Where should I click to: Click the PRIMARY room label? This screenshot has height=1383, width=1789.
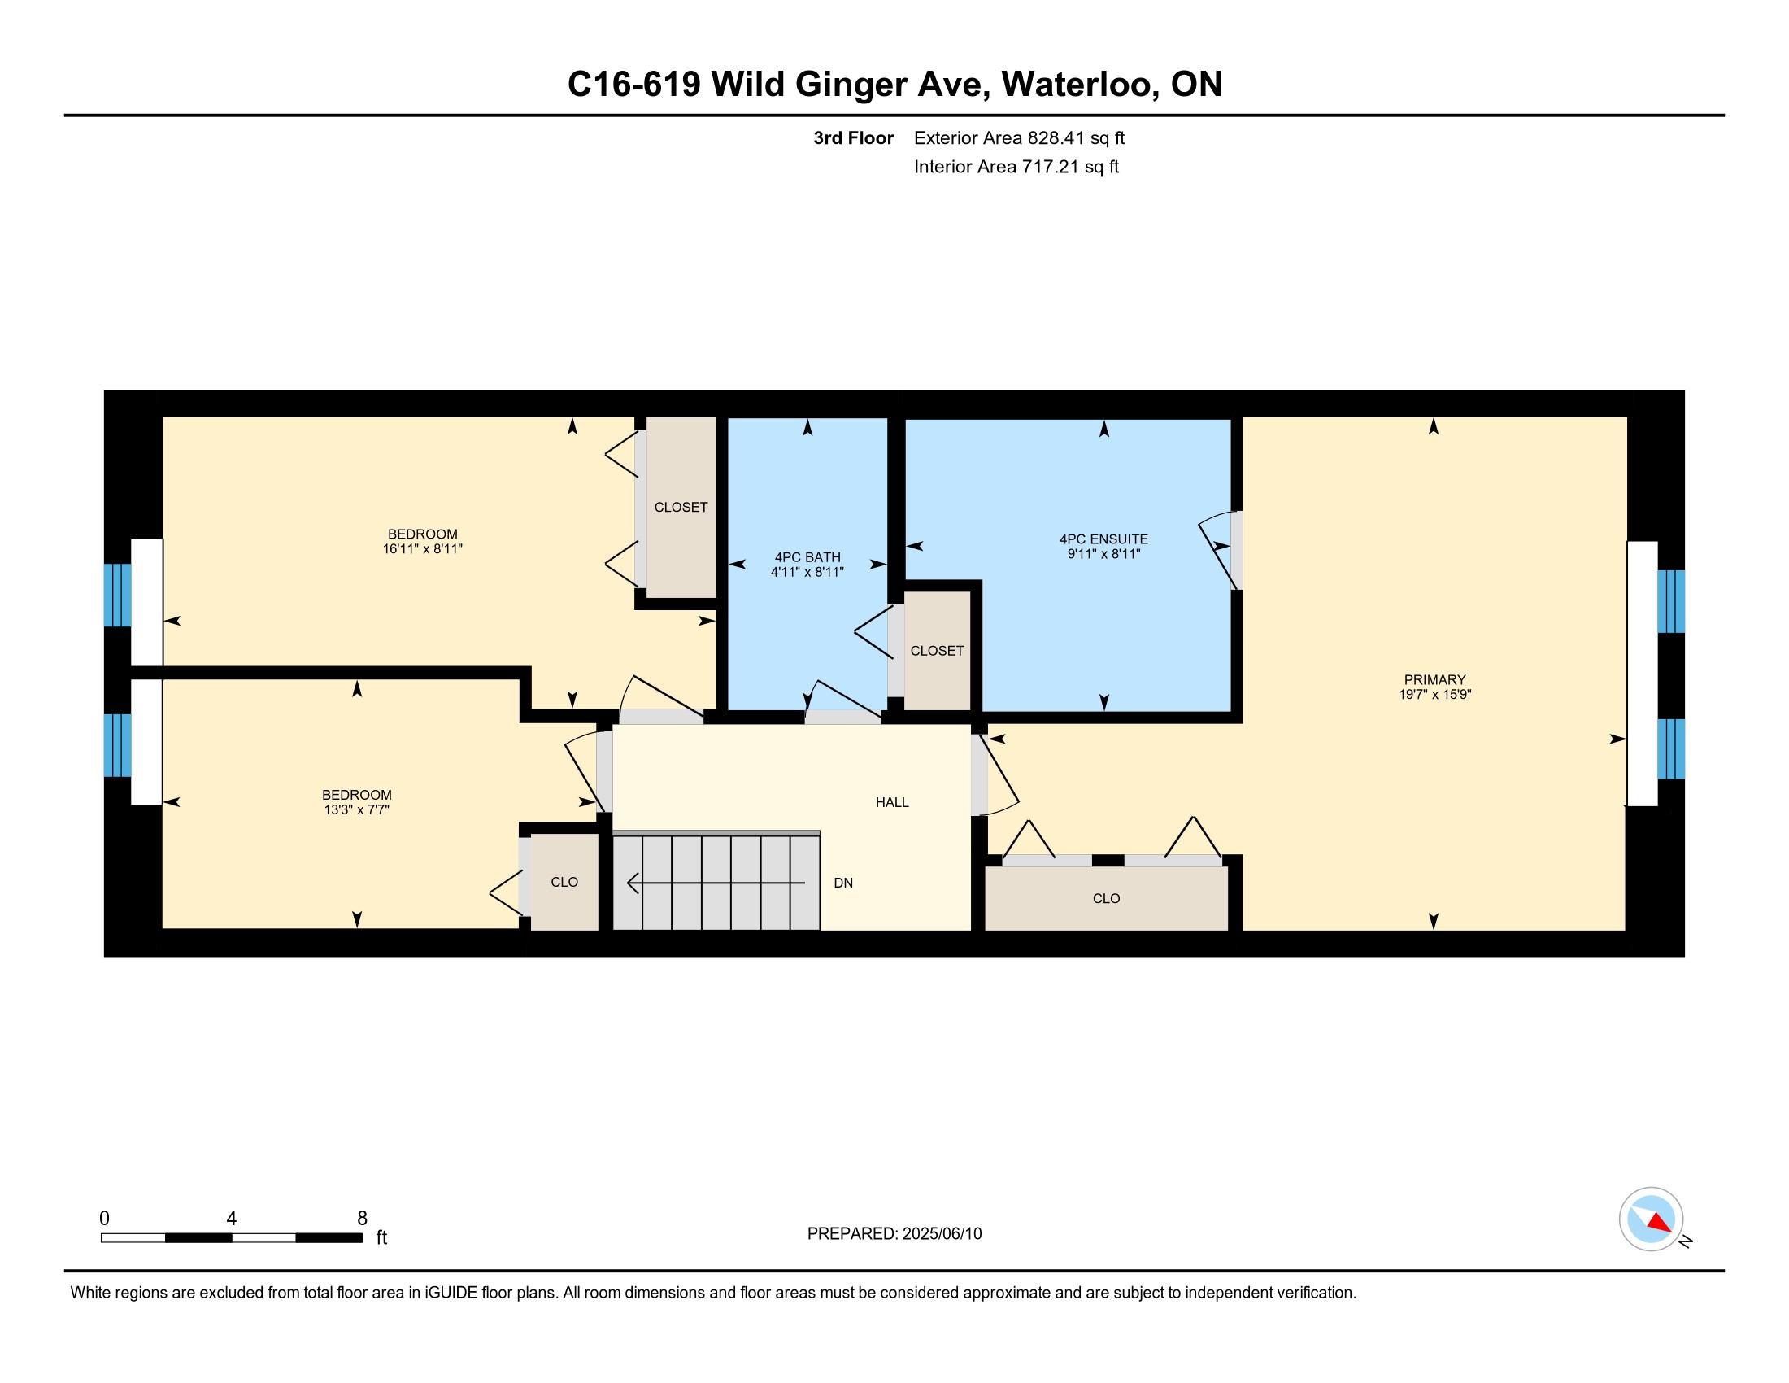click(1434, 679)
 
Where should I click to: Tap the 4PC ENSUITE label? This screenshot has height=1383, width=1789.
click(1103, 539)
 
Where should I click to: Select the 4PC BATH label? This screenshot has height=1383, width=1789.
click(807, 557)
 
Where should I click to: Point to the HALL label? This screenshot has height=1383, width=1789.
click(892, 802)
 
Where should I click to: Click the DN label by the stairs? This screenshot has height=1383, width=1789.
click(843, 883)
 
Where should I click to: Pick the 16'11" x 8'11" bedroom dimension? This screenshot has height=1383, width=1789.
click(423, 549)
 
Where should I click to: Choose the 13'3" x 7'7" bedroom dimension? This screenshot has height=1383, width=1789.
click(356, 809)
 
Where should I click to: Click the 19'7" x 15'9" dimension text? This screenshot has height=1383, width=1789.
click(1435, 694)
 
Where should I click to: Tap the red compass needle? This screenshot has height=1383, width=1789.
click(1660, 1223)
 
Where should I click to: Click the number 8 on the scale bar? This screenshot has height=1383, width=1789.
click(362, 1219)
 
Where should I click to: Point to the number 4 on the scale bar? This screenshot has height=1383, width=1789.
click(232, 1219)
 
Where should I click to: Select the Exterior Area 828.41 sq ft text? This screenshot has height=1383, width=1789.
click(1019, 137)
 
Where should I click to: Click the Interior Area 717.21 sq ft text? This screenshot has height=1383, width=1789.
click(1016, 166)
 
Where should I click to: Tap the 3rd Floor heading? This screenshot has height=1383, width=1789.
click(854, 137)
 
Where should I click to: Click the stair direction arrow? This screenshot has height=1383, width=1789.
click(716, 883)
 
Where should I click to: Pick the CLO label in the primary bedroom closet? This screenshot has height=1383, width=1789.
click(1106, 899)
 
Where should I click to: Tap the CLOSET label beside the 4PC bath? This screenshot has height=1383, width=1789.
click(937, 651)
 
